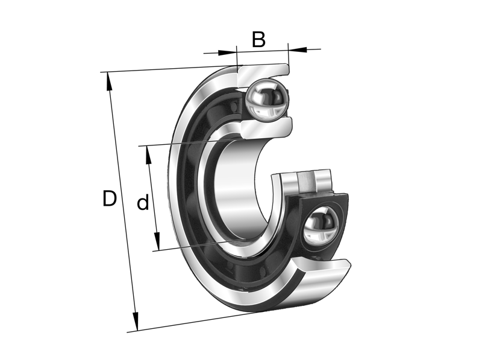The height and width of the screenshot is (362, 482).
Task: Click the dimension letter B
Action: coord(258,40)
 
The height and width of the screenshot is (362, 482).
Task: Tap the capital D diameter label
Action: coord(109,198)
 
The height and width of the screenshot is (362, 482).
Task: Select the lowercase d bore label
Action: coord(143,203)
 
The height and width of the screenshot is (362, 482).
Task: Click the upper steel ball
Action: coord(266,99)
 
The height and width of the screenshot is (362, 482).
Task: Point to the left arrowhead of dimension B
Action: coord(231,52)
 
